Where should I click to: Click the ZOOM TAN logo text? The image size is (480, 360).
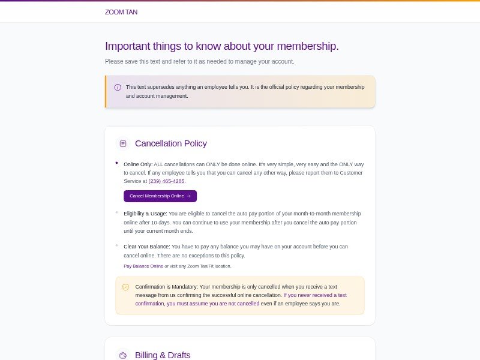[121, 12]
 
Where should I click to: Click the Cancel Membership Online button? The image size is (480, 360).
[160, 196]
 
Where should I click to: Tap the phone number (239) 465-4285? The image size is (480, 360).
[167, 181]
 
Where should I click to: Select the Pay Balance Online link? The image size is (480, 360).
[143, 266]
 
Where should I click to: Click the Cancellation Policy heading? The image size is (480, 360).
[171, 143]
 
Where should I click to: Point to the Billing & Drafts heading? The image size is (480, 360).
[163, 355]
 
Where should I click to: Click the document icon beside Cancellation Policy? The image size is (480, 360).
[123, 143]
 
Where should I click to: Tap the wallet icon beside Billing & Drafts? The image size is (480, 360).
[123, 355]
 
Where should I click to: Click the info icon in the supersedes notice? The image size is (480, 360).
[118, 87]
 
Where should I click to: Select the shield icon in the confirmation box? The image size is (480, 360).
[125, 287]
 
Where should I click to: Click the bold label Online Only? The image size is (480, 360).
[138, 164]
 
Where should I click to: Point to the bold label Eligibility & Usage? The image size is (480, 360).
[145, 214]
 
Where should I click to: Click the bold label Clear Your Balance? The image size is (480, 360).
[147, 247]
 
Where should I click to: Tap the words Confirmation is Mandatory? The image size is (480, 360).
[167, 287]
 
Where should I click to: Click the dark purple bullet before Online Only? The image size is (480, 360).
[116, 163]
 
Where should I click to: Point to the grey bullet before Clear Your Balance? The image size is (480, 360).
[116, 245]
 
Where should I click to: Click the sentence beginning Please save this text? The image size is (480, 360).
[200, 61]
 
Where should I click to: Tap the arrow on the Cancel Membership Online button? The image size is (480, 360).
[188, 196]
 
